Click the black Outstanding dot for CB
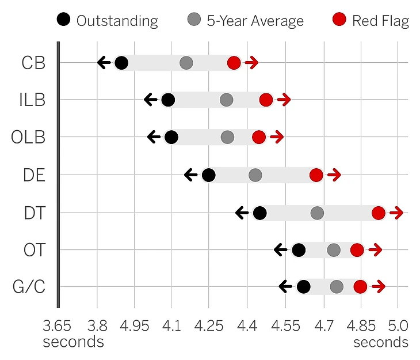click(x=121, y=63)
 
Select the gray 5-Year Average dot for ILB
click(x=226, y=100)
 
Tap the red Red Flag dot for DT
click(x=378, y=213)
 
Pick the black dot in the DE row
click(x=209, y=175)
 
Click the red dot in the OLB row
click(x=259, y=137)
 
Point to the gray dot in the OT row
click(x=334, y=250)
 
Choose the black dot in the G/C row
click(x=304, y=287)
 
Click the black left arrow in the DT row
click(x=242, y=213)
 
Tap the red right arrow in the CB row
click(x=251, y=63)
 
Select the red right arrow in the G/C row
click(x=378, y=287)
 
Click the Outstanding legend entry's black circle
click(x=64, y=21)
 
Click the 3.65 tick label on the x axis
click(x=57, y=326)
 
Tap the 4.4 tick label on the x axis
click(x=247, y=326)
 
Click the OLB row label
click(x=28, y=138)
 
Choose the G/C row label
click(x=28, y=287)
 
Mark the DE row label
click(x=34, y=175)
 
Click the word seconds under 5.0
click(x=381, y=342)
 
